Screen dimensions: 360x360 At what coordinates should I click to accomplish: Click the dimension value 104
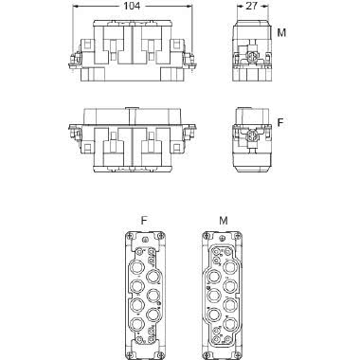tap(132, 7)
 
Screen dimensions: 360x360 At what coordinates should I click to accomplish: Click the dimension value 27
tap(251, 7)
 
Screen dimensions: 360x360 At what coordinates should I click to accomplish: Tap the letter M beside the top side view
tap(281, 33)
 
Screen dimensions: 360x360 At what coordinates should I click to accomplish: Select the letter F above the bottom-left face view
tap(143, 219)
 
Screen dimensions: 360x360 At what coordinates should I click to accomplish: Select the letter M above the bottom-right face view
tap(224, 219)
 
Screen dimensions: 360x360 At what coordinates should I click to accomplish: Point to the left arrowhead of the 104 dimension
tap(77, 7)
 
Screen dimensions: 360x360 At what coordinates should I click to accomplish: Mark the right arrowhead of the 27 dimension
tap(264, 7)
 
